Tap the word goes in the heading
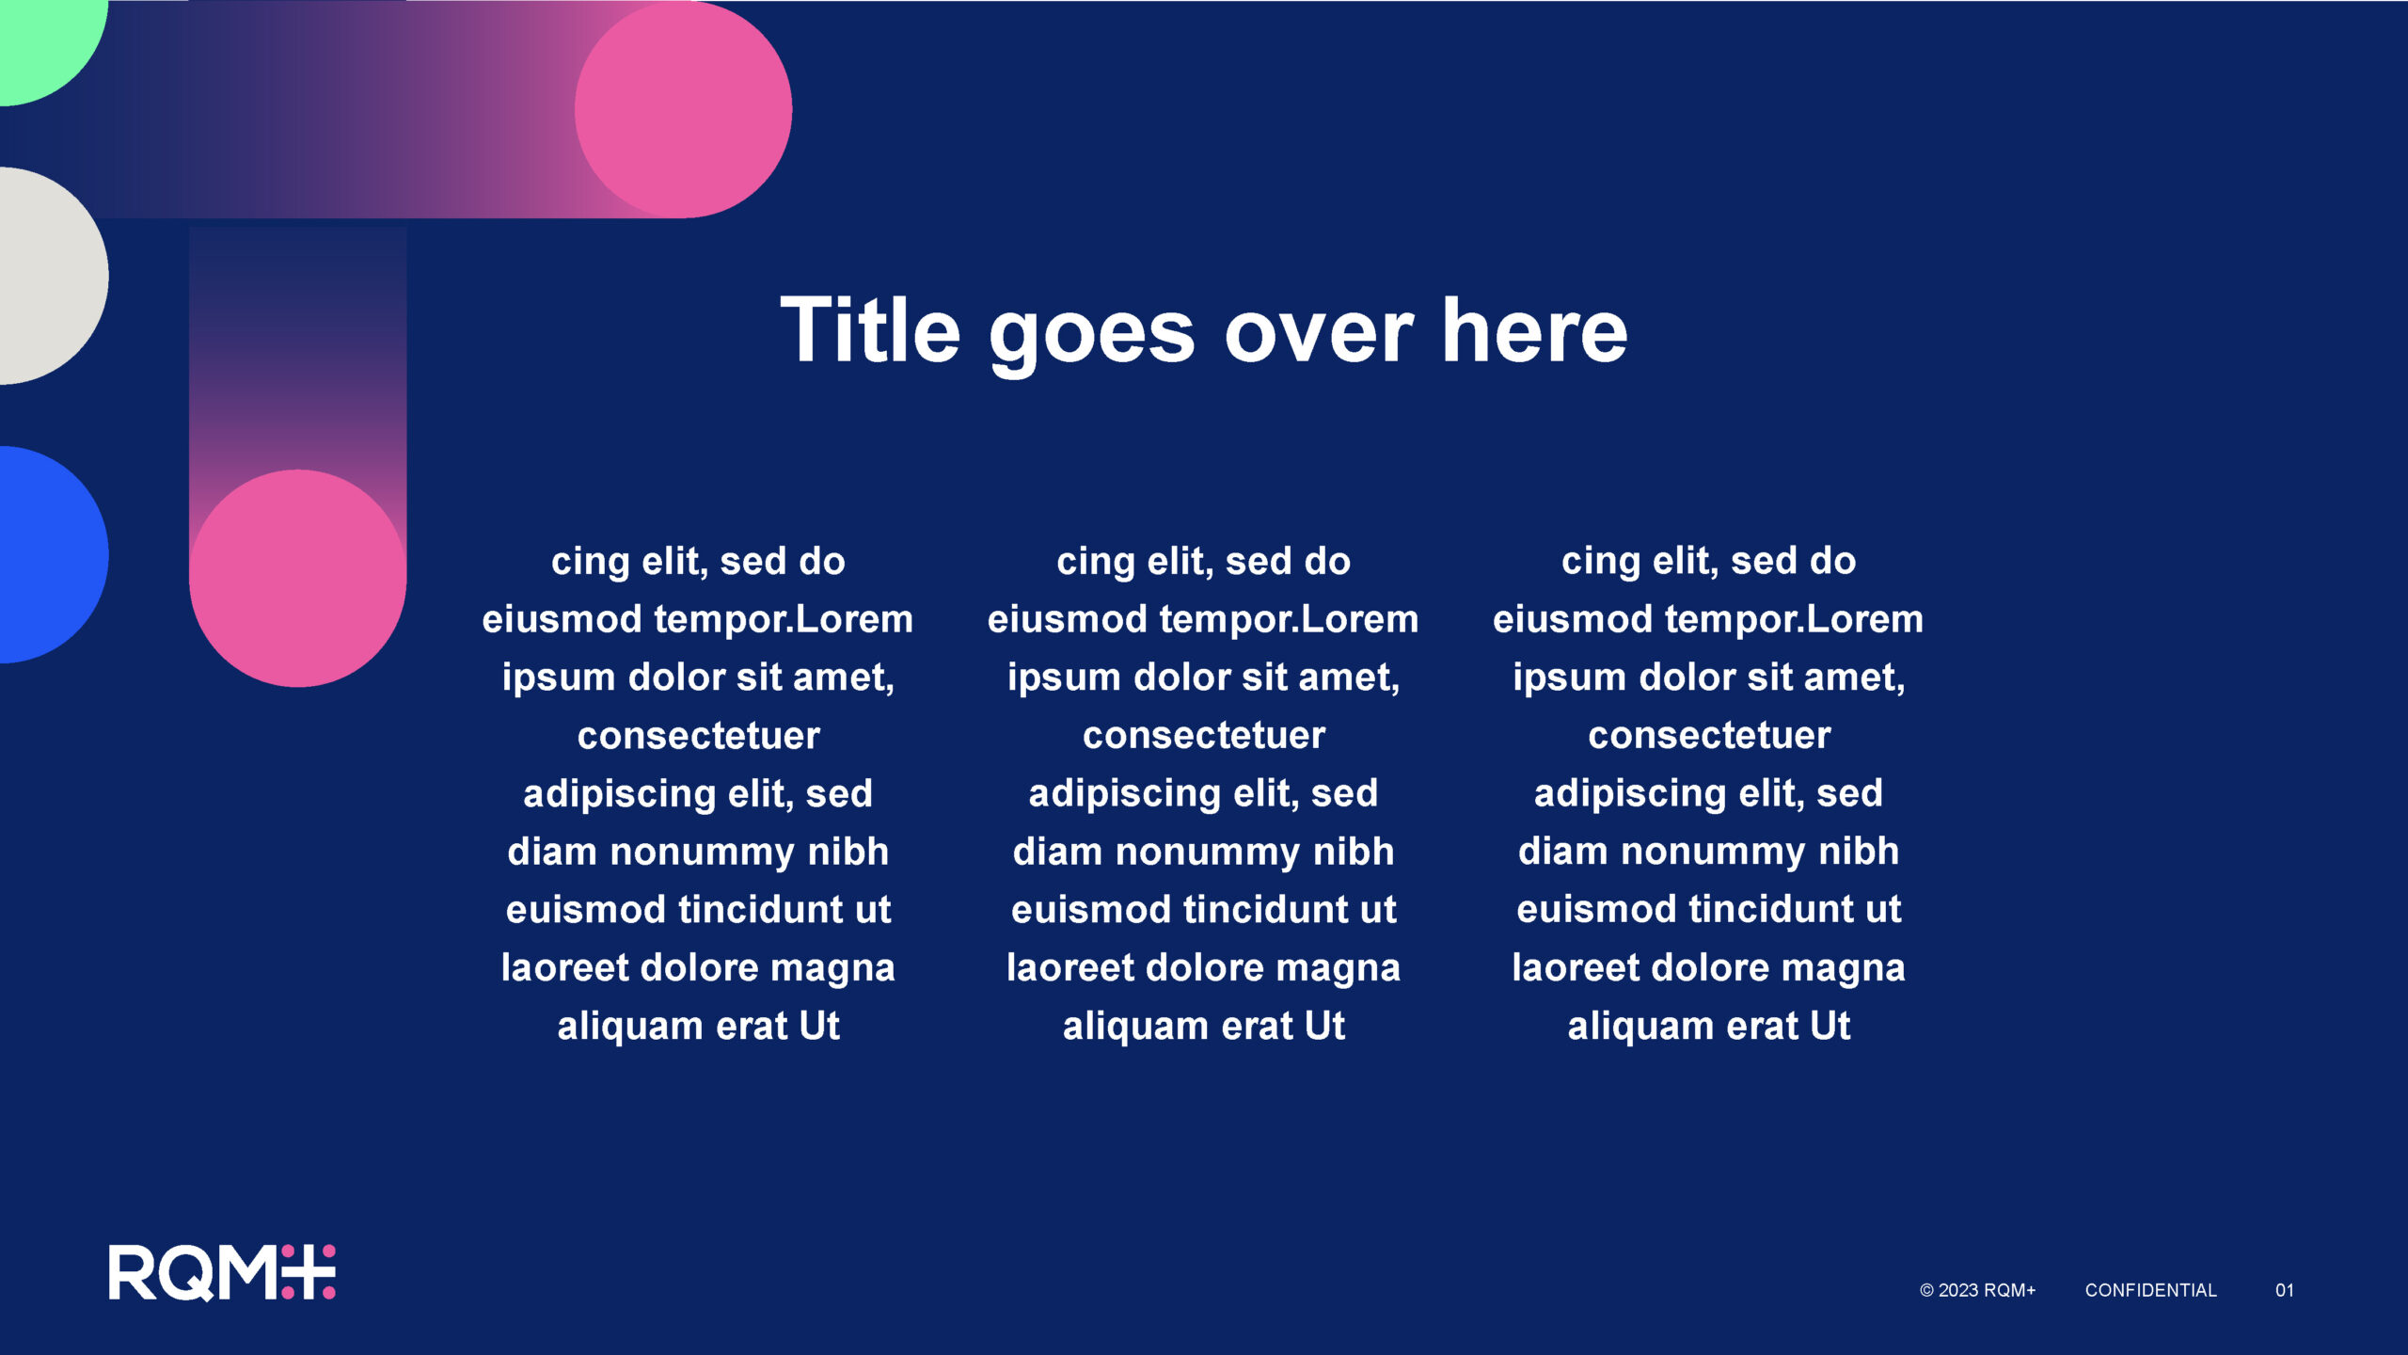(1092, 337)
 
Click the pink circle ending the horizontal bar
(683, 109)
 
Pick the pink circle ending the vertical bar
(297, 579)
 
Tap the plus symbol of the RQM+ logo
(308, 1272)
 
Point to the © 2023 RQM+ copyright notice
(1977, 1290)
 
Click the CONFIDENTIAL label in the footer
(2150, 1290)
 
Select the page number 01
(2285, 1290)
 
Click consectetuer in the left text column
(698, 736)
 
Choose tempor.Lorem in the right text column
(1794, 620)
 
